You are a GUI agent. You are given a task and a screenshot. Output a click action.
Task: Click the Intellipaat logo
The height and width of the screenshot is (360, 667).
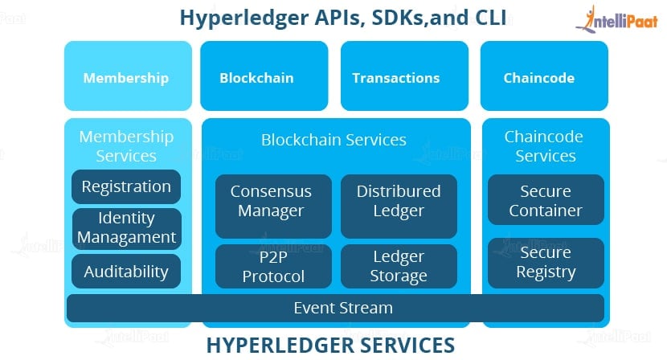617,19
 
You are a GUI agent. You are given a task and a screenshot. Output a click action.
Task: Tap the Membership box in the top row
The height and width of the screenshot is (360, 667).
128,76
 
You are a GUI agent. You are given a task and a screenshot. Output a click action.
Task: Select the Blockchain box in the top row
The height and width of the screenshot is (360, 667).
264,76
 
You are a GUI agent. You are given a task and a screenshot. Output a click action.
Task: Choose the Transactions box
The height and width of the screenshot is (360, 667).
404,76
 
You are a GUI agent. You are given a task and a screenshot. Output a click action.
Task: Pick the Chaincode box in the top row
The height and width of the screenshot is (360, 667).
544,76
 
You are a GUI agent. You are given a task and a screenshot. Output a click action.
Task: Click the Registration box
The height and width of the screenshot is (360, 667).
126,186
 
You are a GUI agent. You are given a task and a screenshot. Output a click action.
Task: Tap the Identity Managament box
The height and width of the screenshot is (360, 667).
127,228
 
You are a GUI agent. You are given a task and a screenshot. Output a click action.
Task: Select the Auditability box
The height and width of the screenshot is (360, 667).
126,271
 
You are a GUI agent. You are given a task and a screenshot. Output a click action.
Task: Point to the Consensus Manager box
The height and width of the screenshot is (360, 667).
273,206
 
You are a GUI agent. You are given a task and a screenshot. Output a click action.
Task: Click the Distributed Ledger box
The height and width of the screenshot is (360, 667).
399,206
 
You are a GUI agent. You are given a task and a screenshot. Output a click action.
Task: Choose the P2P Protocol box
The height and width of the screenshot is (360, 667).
273,266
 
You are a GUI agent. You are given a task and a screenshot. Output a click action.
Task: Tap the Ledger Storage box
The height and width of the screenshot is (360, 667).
399,266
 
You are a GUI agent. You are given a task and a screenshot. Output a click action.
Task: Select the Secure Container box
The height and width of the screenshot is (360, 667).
546,199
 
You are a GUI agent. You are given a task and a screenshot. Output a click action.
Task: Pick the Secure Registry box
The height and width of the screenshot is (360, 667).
546,263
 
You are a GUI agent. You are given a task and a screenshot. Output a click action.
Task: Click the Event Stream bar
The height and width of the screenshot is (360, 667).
335,308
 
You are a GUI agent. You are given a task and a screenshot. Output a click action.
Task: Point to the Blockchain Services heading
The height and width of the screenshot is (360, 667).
334,140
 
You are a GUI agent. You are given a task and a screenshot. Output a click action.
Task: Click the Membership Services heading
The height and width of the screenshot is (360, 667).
126,146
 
